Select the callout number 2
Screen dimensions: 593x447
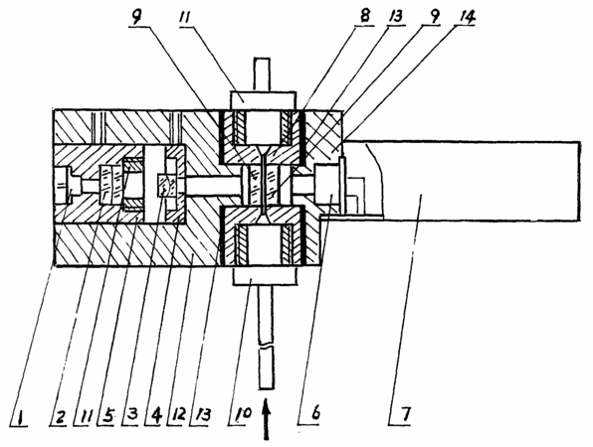(x=60, y=416)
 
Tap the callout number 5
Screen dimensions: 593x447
(x=106, y=416)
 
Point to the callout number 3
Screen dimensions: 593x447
(x=130, y=416)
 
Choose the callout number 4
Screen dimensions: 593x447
(x=154, y=416)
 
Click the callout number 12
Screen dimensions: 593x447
(x=178, y=415)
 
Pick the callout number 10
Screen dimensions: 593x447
(x=242, y=415)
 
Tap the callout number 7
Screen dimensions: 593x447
(x=405, y=414)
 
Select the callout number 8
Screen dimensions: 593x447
(x=365, y=18)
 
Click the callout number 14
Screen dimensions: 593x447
(x=467, y=17)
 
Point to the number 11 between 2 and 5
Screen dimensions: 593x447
(x=83, y=416)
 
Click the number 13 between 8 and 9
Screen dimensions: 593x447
(x=396, y=17)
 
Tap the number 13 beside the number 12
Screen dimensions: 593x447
(x=202, y=415)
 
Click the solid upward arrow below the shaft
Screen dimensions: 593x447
(x=267, y=419)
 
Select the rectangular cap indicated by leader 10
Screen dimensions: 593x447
(x=265, y=275)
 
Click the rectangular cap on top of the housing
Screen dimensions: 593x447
(x=264, y=100)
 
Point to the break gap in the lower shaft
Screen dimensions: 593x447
(x=266, y=345)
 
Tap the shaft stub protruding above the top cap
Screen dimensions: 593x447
(x=263, y=74)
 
